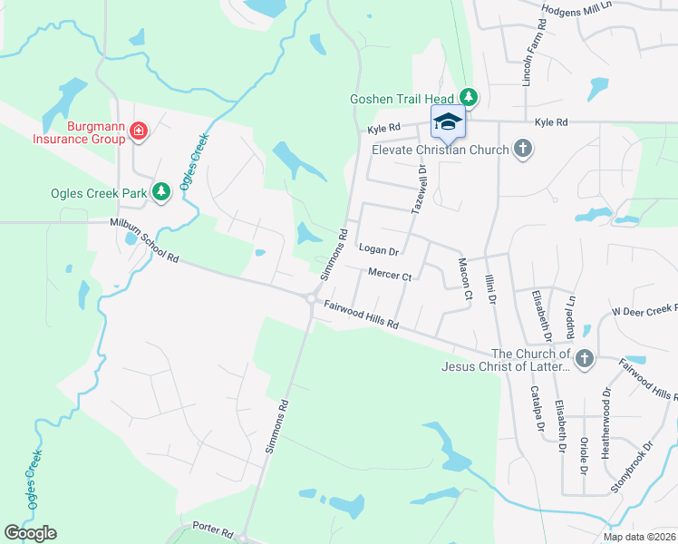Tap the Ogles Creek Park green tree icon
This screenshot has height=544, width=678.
(x=160, y=191)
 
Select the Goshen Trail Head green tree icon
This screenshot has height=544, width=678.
(x=468, y=96)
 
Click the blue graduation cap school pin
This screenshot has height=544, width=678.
(x=447, y=122)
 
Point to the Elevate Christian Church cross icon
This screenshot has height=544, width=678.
(x=522, y=148)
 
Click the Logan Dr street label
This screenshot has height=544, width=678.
(x=379, y=248)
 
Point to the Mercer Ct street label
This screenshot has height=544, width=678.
(x=390, y=275)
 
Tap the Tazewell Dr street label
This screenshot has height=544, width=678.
(x=420, y=189)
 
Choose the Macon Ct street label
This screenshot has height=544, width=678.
(x=465, y=278)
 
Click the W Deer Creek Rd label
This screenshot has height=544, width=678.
(x=644, y=310)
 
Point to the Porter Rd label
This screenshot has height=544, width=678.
(x=214, y=528)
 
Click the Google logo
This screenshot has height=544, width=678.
(x=30, y=533)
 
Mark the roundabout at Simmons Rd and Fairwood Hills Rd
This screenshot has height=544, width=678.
(x=311, y=298)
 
